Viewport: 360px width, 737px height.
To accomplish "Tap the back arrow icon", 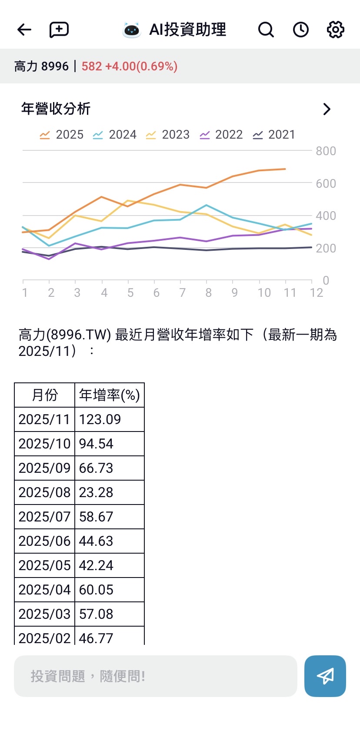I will (x=24, y=30).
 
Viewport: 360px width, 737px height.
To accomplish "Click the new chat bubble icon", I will (x=59, y=30).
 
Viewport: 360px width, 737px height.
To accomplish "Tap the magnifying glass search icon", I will (x=266, y=30).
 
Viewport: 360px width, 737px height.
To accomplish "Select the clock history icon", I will (x=300, y=30).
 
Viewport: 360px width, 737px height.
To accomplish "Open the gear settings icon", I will (x=335, y=30).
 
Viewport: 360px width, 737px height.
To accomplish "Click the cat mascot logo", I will (x=131, y=30).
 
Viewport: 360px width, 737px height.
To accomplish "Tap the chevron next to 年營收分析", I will (x=327, y=109).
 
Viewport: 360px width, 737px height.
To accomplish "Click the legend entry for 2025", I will (x=62, y=135).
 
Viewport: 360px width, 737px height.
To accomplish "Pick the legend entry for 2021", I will (x=274, y=135).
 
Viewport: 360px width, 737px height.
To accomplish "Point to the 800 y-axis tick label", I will (x=326, y=151).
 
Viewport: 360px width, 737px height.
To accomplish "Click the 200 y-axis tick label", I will (x=326, y=249).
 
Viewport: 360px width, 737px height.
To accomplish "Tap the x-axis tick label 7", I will (x=183, y=293).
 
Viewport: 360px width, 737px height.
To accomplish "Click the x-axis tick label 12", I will (x=317, y=293).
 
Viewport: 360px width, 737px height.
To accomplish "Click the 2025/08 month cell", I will (x=44, y=492).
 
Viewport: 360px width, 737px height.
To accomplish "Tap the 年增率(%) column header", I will (x=109, y=395).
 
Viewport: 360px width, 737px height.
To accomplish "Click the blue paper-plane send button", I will (x=325, y=676).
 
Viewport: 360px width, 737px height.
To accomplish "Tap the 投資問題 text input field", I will (x=155, y=676).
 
